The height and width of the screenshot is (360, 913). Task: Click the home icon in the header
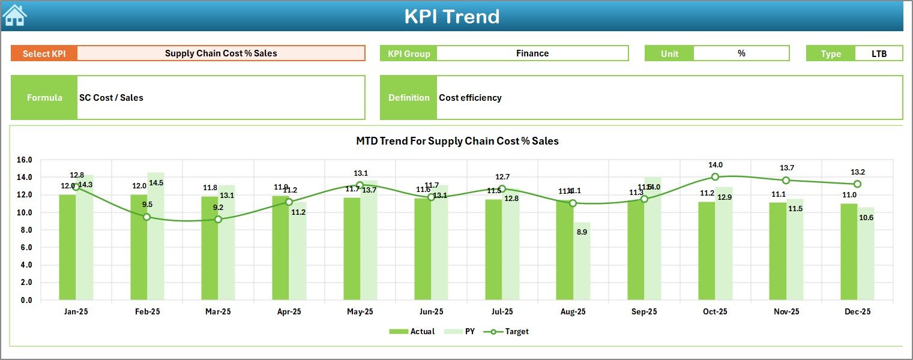pos(15,16)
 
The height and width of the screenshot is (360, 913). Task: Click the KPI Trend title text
pos(451,16)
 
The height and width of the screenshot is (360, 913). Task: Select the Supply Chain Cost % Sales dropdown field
pos(221,53)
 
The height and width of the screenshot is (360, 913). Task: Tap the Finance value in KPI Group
pos(532,53)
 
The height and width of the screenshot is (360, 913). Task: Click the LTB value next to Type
pos(879,53)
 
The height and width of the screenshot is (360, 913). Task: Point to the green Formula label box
pos(44,98)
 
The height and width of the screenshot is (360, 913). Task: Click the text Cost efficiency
pos(470,98)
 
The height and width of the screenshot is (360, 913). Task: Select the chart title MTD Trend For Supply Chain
pos(457,142)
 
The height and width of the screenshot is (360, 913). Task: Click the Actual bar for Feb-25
pos(139,247)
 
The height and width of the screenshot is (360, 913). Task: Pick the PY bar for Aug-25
pos(582,261)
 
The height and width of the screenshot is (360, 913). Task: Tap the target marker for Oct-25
pos(715,177)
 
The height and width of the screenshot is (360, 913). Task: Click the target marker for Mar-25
pos(218,220)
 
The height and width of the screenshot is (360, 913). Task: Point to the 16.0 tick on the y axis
pos(25,160)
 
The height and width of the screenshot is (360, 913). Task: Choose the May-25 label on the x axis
pos(360,312)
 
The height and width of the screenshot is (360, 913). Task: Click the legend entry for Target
pos(510,331)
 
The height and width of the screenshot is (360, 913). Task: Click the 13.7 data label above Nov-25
pos(786,168)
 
